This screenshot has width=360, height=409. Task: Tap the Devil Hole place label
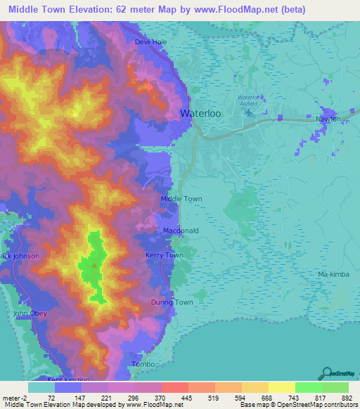151,42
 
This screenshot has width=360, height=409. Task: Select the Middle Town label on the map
181,199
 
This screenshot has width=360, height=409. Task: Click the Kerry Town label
164,255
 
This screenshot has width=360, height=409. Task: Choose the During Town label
172,302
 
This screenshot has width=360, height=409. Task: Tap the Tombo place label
143,364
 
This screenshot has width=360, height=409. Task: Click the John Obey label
30,313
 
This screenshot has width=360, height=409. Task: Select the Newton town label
328,119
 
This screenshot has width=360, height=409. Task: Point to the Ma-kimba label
332,273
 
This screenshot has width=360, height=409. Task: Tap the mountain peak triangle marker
93,265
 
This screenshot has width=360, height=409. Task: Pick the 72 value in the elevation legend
51,397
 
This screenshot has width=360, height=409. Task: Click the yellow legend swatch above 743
282,387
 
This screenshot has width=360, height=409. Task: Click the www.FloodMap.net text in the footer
149,404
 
